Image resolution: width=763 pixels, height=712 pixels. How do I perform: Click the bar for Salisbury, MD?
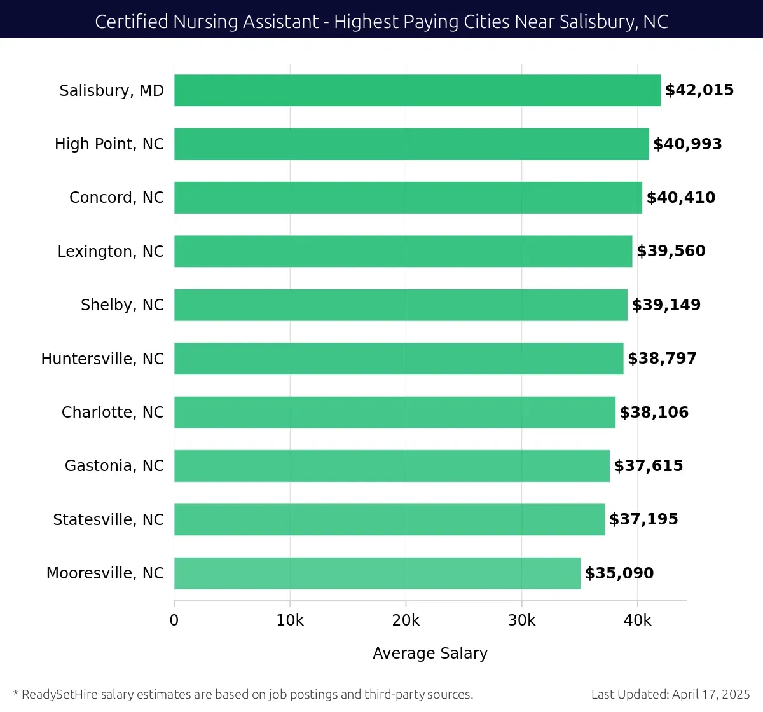pyautogui.click(x=417, y=90)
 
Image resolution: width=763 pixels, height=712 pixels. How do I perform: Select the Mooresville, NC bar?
pyautogui.click(x=377, y=573)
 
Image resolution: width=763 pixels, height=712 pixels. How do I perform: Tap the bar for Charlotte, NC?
pyautogui.click(x=394, y=412)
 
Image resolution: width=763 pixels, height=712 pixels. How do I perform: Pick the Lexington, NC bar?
pyautogui.click(x=403, y=251)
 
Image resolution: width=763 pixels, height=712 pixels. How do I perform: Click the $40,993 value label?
pyautogui.click(x=687, y=144)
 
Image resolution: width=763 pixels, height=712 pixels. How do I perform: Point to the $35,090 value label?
pyautogui.click(x=619, y=573)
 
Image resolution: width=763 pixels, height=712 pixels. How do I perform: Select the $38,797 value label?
pyautogui.click(x=662, y=359)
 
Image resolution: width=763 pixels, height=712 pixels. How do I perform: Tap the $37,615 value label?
pyautogui.click(x=648, y=466)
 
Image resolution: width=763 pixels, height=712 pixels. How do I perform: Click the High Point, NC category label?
pyautogui.click(x=109, y=144)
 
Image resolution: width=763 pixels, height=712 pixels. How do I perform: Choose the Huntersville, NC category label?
pyautogui.click(x=102, y=359)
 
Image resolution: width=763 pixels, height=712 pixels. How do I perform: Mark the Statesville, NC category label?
pyautogui.click(x=108, y=520)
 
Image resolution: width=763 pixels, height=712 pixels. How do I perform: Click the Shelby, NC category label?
pyautogui.click(x=122, y=305)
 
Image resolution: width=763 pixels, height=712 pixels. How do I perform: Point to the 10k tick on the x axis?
pyautogui.click(x=290, y=620)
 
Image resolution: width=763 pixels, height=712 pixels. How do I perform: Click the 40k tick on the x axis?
pyautogui.click(x=637, y=620)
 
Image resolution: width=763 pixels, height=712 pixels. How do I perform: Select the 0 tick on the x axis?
pyautogui.click(x=174, y=620)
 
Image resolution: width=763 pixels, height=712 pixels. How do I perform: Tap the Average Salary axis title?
pyautogui.click(x=430, y=654)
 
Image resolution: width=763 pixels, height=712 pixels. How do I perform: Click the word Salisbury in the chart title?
pyautogui.click(x=597, y=22)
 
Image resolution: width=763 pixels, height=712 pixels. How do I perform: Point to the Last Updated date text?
pyautogui.click(x=670, y=694)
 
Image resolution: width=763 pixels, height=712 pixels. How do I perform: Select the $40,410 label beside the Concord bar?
pyautogui.click(x=680, y=198)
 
